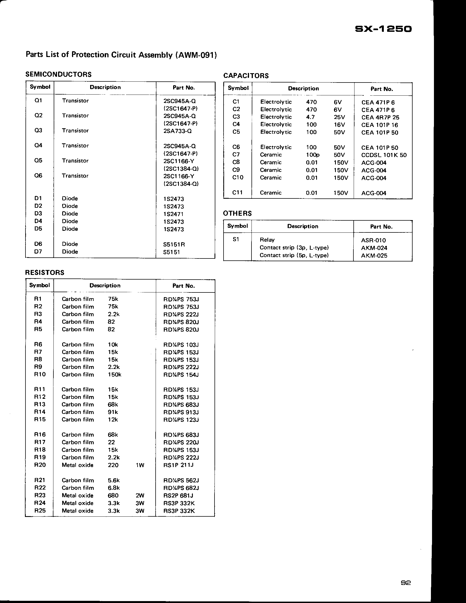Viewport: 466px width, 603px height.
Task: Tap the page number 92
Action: [x=405, y=583]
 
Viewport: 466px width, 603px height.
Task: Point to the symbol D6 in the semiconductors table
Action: [x=38, y=244]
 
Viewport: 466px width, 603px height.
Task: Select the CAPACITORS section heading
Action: [x=246, y=76]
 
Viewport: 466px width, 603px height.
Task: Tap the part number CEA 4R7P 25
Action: [x=380, y=117]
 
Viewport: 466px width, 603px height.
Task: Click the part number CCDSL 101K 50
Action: [x=384, y=155]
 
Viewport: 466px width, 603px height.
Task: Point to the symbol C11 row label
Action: [x=238, y=192]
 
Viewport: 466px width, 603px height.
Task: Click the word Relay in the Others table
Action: [x=267, y=240]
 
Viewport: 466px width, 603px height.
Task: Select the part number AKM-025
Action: [x=374, y=255]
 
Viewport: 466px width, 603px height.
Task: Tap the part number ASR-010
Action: [x=373, y=240]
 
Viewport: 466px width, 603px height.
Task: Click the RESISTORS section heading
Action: [x=45, y=272]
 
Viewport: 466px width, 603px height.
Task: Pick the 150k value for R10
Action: [x=115, y=375]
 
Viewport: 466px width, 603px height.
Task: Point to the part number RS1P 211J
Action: [x=178, y=465]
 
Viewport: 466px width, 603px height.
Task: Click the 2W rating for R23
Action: [x=140, y=495]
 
